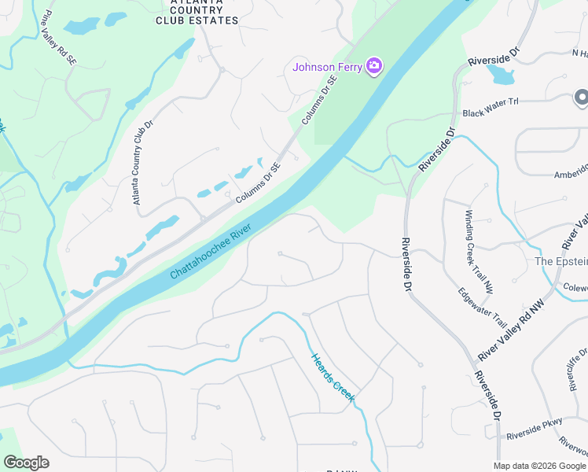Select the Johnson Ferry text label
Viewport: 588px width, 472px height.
(x=327, y=67)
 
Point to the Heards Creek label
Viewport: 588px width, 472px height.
(x=333, y=378)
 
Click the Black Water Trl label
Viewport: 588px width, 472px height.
(x=491, y=112)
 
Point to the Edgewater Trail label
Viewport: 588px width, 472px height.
(x=483, y=307)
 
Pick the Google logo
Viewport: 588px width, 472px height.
(x=26, y=463)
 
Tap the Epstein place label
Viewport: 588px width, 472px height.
(x=560, y=261)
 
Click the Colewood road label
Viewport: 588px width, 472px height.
(x=575, y=287)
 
